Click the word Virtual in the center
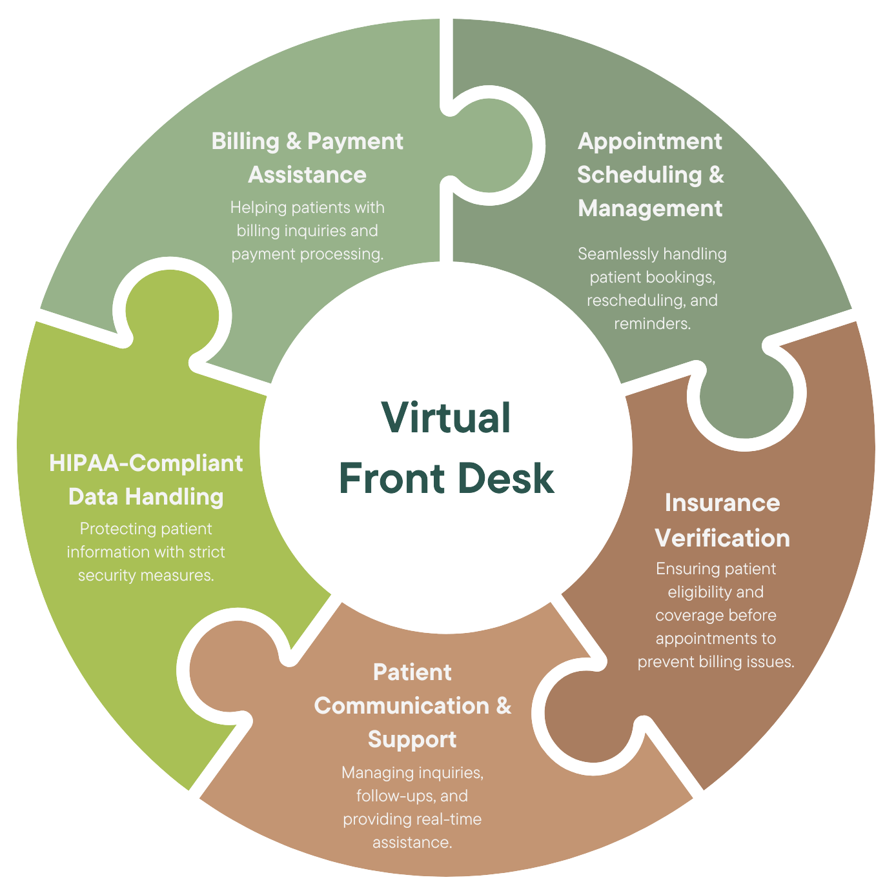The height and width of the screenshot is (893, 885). tap(446, 417)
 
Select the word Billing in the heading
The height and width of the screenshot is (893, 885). tap(245, 141)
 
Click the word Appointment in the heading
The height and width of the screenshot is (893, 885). tap(649, 141)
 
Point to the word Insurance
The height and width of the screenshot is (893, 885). tap(722, 503)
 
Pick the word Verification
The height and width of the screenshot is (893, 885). tap(722, 538)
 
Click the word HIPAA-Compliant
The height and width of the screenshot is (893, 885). tap(146, 463)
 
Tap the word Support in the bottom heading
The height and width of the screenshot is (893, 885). tap(412, 739)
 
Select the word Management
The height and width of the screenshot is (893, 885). tap(649, 208)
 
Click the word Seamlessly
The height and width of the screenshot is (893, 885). tap(613, 254)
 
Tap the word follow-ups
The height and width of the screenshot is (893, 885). tap(394, 796)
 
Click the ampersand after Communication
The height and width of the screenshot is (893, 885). tap(504, 706)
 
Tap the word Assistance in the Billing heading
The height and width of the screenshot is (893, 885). tap(307, 175)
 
